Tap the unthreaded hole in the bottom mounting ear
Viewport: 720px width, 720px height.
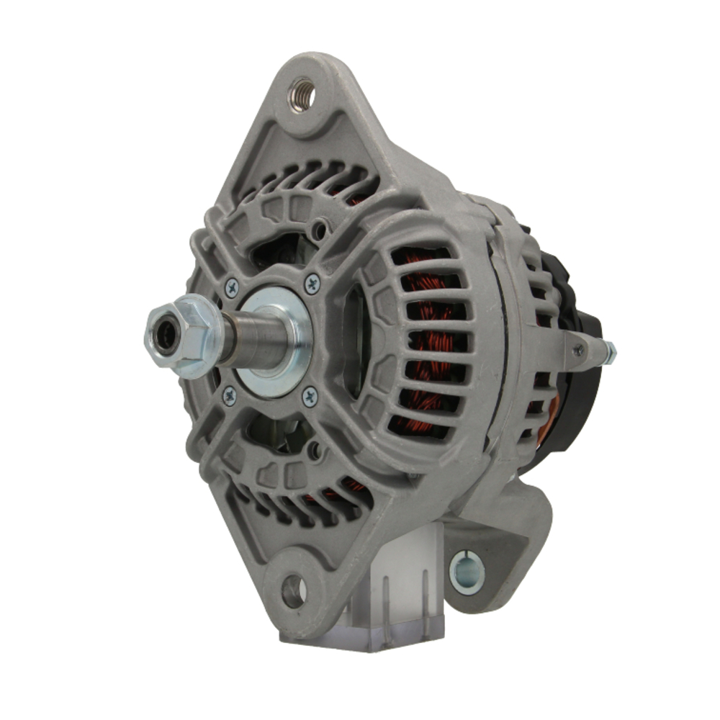pyautogui.click(x=294, y=591)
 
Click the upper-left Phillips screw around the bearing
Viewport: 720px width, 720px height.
pyautogui.click(x=231, y=288)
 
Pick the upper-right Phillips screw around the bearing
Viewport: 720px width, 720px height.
pyautogui.click(x=312, y=283)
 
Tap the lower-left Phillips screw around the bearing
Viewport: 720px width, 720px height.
pyautogui.click(x=229, y=394)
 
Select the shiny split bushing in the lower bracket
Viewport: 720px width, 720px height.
pyautogui.click(x=467, y=572)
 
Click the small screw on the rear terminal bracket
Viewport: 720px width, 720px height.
pyautogui.click(x=577, y=350)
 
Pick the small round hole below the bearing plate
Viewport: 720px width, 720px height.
pyautogui.click(x=315, y=451)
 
